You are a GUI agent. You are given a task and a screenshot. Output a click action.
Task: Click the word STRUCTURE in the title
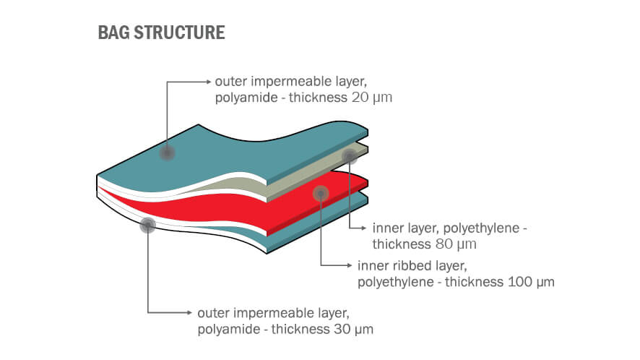[181, 33]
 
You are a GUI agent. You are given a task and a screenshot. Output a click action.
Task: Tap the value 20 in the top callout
[359, 97]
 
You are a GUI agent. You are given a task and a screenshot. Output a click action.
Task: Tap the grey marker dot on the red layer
[321, 192]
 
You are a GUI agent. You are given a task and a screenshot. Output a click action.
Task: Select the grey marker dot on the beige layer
[350, 155]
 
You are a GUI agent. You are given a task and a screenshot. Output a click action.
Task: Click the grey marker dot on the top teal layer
[168, 153]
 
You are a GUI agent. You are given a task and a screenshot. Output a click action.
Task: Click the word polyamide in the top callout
[243, 97]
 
